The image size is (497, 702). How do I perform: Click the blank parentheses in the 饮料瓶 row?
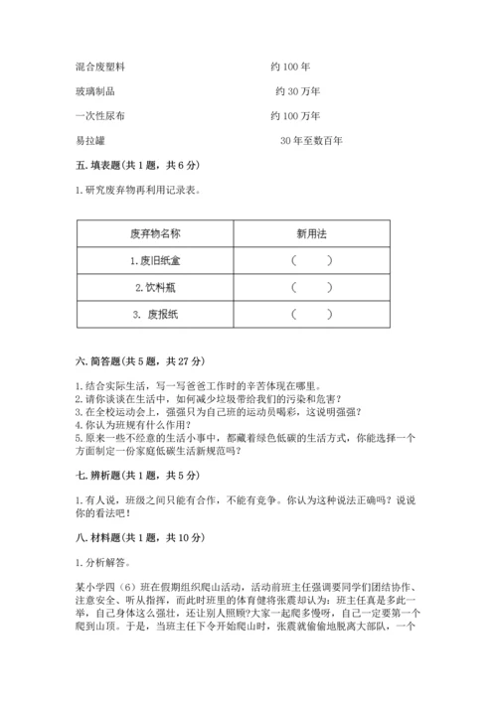point(311,287)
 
